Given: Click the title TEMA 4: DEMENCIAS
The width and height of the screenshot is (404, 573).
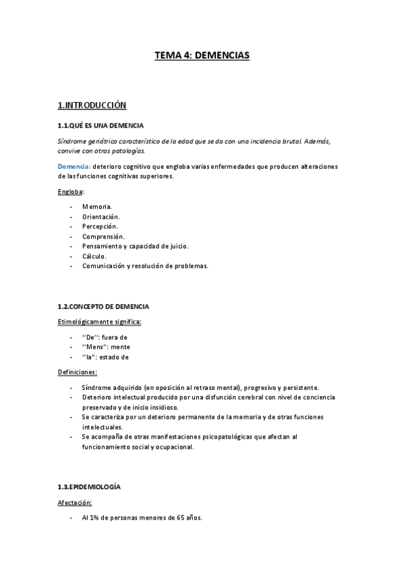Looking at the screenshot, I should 202,57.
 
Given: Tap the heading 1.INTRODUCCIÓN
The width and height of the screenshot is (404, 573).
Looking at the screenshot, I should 92,105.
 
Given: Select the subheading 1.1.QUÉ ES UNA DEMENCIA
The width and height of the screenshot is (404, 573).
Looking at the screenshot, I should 100,126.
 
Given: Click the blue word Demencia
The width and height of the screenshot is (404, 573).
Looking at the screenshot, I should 74,166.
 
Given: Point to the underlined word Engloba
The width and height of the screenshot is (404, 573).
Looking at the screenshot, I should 70,192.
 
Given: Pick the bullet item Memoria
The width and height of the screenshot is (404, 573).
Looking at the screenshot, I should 97,206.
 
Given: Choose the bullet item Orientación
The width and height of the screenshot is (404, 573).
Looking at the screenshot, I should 101,216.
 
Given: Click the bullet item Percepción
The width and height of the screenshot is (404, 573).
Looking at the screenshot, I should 100,226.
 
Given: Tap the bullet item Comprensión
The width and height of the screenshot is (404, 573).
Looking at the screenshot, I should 103,236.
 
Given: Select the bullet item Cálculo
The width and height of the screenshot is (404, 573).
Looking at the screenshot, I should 94,256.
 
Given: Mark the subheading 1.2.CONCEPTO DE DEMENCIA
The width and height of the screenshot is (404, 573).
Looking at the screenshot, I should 103,306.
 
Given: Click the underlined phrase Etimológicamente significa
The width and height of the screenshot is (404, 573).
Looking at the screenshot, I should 100,322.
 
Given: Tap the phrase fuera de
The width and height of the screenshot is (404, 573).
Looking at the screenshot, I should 115,337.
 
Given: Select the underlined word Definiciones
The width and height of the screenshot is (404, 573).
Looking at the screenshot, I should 78,372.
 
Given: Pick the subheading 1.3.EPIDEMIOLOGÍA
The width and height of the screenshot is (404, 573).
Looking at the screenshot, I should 89,487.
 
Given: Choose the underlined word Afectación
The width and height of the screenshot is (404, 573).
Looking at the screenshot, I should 75,503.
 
